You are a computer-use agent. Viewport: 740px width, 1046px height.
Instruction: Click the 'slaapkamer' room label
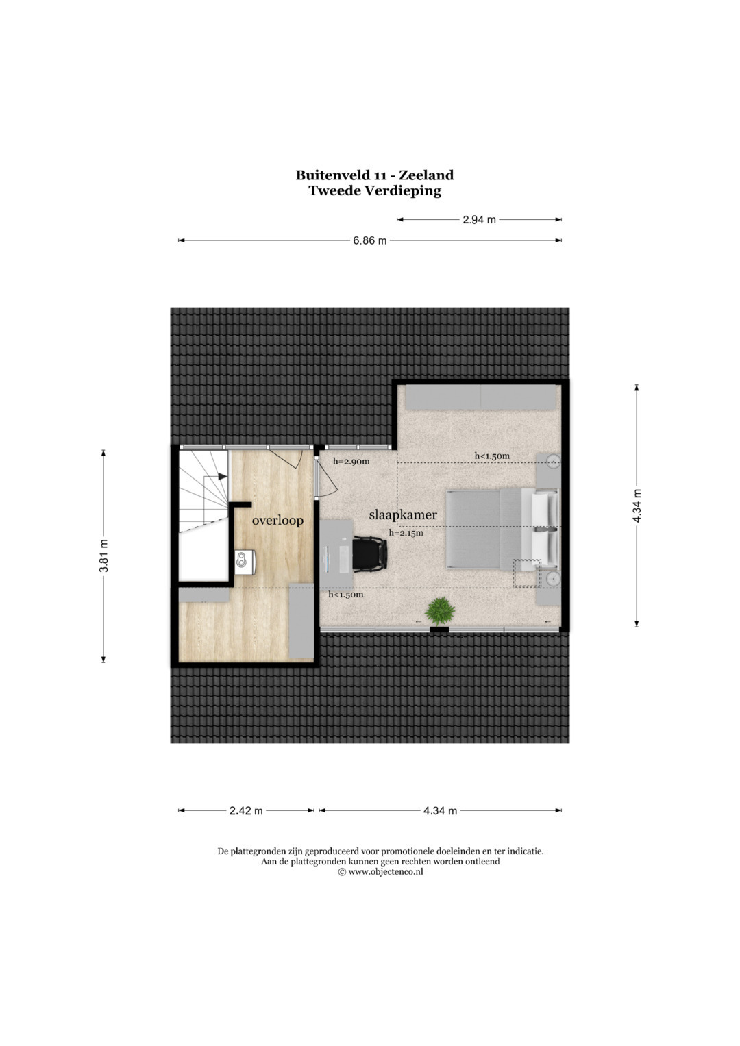pos(403,515)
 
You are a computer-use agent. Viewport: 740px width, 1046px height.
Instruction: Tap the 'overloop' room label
pos(277,520)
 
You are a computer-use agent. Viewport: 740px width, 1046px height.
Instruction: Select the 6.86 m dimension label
pos(369,241)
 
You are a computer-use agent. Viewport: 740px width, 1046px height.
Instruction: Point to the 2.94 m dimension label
pos(479,219)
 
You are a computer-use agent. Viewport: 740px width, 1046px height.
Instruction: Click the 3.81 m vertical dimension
pos(103,556)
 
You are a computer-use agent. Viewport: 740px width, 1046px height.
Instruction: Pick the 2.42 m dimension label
pos(246,810)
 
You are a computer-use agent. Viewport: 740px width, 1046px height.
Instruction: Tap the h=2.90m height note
pos(351,462)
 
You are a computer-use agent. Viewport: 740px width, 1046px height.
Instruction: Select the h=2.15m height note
pos(406,533)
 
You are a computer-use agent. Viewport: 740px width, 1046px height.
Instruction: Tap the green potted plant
pos(440,611)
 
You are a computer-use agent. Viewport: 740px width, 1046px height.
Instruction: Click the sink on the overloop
pos(245,562)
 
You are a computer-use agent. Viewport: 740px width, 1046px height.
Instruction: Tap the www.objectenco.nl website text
pos(386,871)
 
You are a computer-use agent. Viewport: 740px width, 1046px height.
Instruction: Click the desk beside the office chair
pos(336,553)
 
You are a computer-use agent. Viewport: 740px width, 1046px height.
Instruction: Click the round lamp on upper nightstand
pos(554,462)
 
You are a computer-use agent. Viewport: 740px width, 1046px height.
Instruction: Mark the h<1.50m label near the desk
pos(346,595)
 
